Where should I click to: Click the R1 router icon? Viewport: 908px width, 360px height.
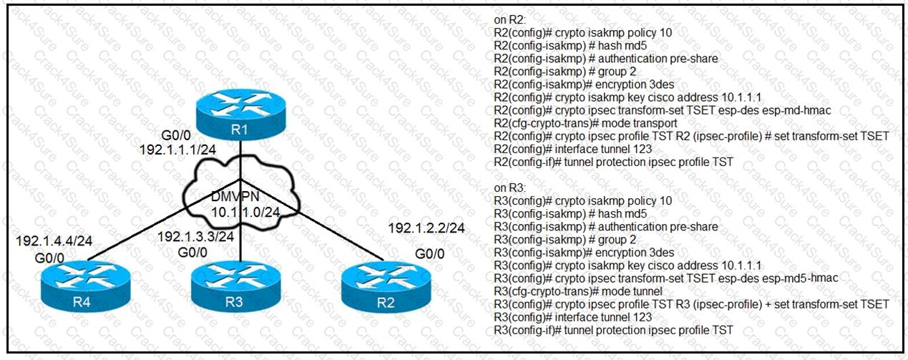(x=241, y=112)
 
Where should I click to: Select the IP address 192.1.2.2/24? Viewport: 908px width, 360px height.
(x=426, y=228)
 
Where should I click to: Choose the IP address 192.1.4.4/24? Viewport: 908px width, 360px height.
(x=54, y=240)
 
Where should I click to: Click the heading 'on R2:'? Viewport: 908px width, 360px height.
(x=510, y=19)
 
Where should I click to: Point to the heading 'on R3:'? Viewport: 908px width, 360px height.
(x=510, y=188)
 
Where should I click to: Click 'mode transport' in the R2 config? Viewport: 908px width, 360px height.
(x=630, y=123)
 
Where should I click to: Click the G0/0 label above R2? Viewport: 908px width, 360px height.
(x=429, y=254)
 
